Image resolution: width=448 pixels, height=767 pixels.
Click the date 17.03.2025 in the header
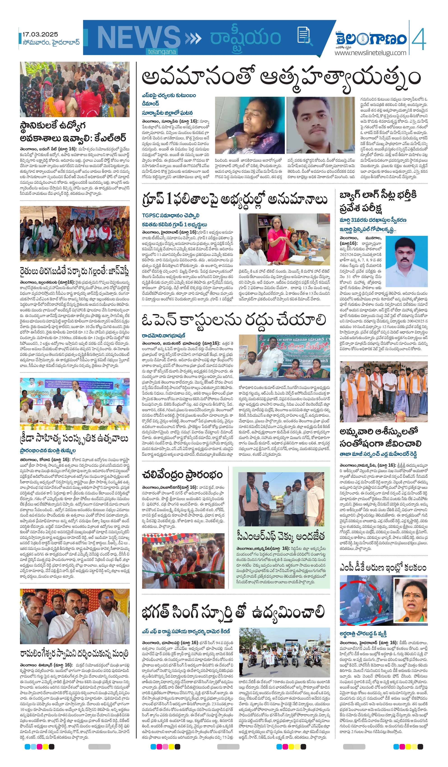pos(40,34)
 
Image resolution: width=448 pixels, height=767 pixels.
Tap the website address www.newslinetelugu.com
pos(370,53)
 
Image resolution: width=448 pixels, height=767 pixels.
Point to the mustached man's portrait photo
pos(321,125)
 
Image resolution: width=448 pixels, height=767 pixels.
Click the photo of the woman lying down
pos(250,125)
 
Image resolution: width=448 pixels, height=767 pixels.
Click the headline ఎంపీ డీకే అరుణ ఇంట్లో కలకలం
pos(383,567)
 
